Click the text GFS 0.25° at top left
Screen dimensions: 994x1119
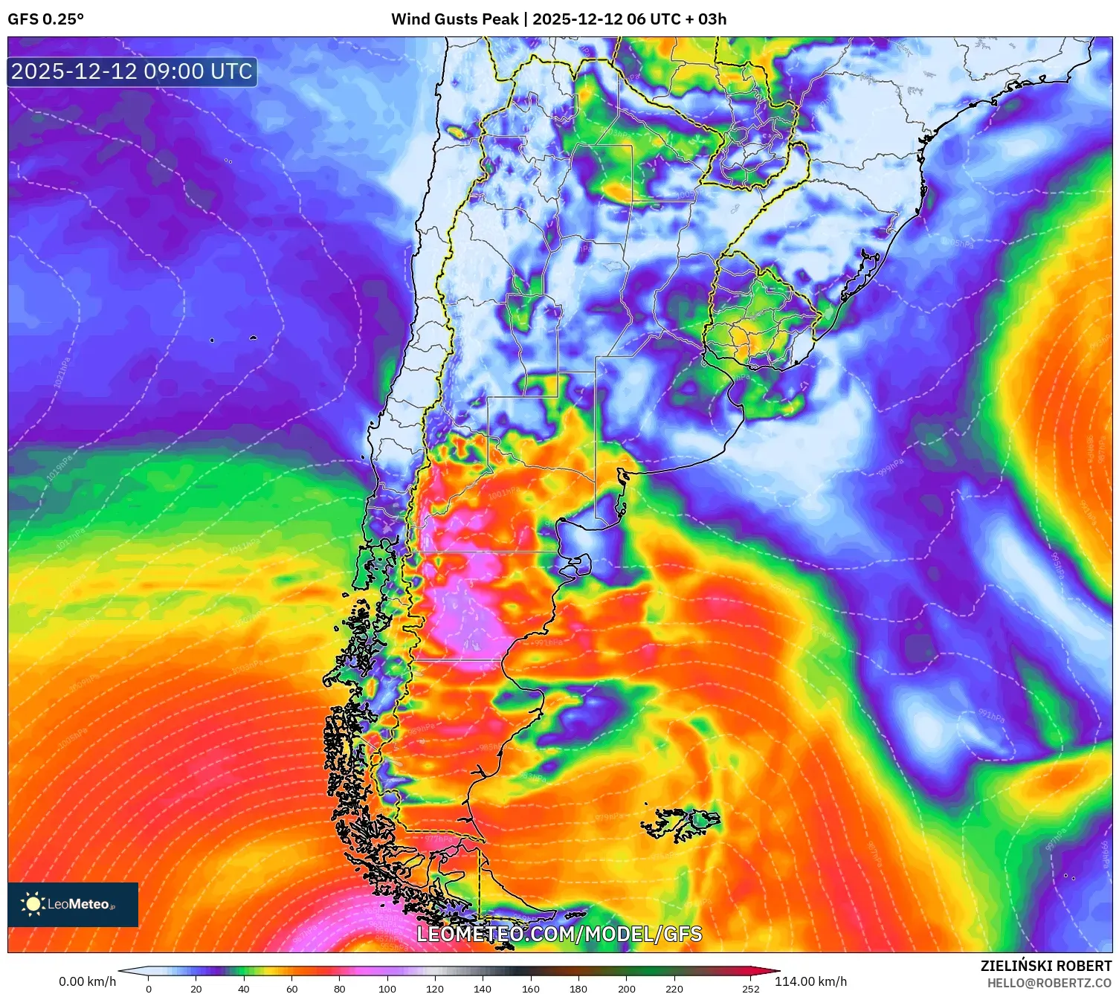[x=45, y=19]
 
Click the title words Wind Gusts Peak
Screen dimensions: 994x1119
[x=454, y=19]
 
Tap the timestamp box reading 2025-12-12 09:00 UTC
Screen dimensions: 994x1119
[x=132, y=71]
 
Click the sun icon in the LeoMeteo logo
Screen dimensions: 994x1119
[x=33, y=904]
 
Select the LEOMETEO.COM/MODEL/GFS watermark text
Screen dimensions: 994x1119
[x=558, y=934]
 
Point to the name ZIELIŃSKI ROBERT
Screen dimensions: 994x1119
[x=1045, y=966]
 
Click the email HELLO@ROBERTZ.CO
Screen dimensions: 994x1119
[x=1049, y=983]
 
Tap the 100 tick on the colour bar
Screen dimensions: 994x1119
[x=387, y=989]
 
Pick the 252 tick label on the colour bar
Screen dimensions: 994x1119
[x=751, y=989]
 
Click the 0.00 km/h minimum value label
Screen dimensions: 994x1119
[x=88, y=981]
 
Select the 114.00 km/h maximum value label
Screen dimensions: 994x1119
[x=810, y=981]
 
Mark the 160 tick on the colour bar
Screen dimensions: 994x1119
[x=531, y=989]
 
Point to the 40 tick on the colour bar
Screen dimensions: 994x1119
[x=244, y=989]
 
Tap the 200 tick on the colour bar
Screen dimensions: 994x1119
[x=627, y=989]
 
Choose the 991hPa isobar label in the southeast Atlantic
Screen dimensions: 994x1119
[x=990, y=716]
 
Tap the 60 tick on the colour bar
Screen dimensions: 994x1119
[x=291, y=989]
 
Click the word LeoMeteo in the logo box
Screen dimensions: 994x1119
[x=79, y=904]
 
